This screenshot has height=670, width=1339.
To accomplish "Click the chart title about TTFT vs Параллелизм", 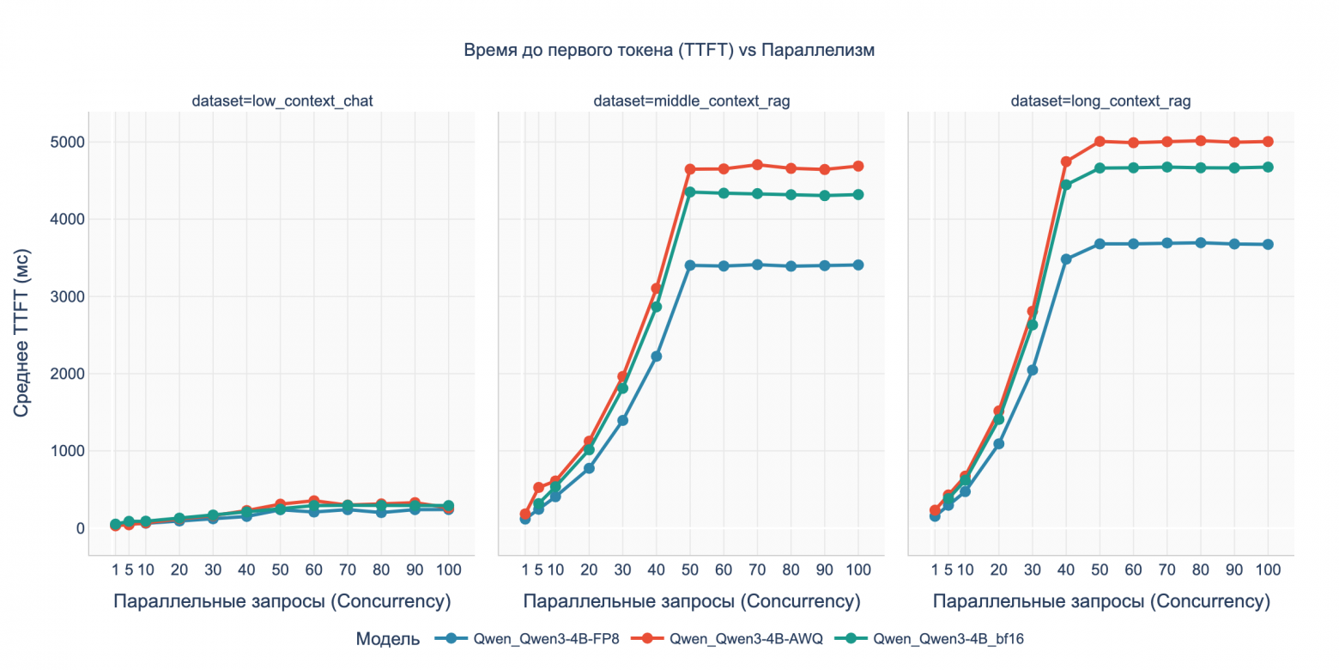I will click(x=669, y=50).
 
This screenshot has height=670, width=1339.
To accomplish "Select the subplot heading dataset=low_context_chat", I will click(x=282, y=101).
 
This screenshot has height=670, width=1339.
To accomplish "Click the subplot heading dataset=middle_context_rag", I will click(x=691, y=101).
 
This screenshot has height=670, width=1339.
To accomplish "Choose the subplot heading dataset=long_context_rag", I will click(x=1100, y=101).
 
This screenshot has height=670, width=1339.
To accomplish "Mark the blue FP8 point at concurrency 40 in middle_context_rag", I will click(x=657, y=356).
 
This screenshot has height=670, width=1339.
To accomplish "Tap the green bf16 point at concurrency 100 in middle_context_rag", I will click(x=858, y=195).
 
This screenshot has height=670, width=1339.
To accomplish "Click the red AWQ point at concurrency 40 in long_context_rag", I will click(x=1066, y=161).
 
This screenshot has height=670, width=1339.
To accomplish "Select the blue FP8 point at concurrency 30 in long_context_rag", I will click(x=1033, y=370).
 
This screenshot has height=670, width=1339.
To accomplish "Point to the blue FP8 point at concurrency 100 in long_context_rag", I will click(x=1268, y=245).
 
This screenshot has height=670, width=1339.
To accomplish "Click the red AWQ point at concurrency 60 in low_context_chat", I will click(x=314, y=501).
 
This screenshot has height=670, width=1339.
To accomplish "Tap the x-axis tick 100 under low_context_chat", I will click(x=448, y=569).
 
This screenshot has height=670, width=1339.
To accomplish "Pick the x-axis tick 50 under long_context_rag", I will click(x=1100, y=569).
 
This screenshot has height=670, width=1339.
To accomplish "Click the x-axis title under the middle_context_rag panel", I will click(x=691, y=601).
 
